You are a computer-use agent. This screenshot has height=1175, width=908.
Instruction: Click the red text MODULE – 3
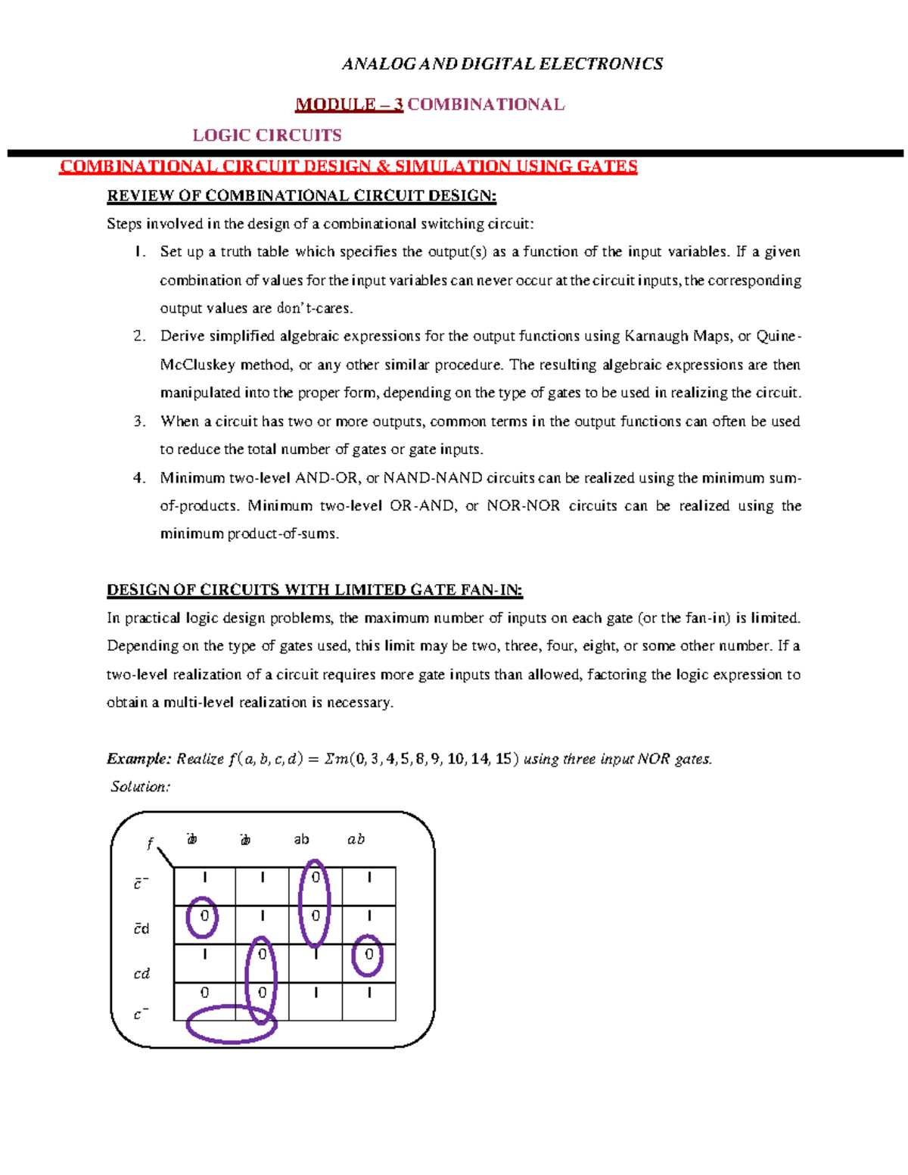pos(349,104)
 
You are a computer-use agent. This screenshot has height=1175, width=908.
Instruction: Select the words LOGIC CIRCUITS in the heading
pos(266,135)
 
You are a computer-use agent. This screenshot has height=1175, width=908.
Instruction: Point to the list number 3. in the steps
pos(139,421)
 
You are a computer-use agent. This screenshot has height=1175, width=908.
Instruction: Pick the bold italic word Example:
pos(139,759)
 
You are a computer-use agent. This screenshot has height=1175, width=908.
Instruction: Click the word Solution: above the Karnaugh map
pos(141,787)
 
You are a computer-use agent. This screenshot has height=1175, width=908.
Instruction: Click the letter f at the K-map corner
pos(150,844)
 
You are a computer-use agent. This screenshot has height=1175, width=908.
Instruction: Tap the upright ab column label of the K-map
pos(301,839)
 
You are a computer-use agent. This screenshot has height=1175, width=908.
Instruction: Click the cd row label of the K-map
pos(141,974)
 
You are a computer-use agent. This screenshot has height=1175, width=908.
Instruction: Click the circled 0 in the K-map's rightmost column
pos(368,955)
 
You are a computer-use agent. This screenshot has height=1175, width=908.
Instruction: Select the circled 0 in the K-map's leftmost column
pos(204,916)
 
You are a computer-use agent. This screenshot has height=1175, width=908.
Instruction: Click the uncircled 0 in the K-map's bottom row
pos(204,993)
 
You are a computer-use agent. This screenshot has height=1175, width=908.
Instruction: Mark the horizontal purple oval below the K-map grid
pos(232,1024)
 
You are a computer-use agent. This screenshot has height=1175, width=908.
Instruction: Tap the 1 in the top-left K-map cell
pos(204,878)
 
